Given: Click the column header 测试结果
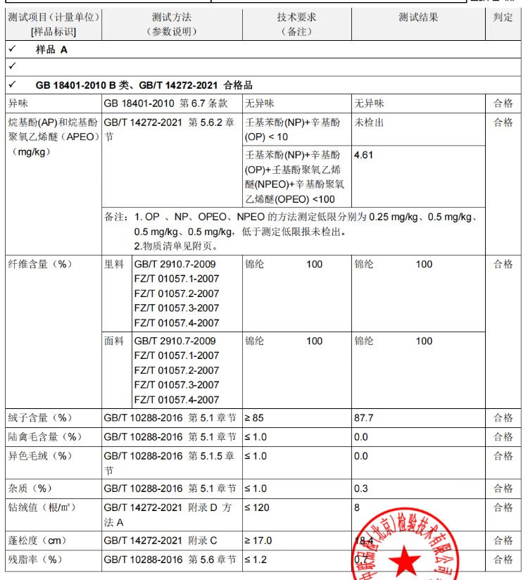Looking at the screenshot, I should (x=418, y=18).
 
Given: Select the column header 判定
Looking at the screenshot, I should (x=504, y=18).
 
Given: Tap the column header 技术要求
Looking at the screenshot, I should (x=296, y=18).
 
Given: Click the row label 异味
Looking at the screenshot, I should (x=18, y=103).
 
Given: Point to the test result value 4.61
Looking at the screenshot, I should (x=364, y=154).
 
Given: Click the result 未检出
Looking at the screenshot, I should (x=369, y=122).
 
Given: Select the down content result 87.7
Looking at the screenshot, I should (x=364, y=418).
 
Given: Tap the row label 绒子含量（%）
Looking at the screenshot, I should (x=40, y=418).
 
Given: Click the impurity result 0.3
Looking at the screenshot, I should (x=361, y=488).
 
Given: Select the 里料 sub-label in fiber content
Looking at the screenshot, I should (x=114, y=264).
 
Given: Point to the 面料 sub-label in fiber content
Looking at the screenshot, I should (x=114, y=341).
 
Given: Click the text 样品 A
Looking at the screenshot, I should (x=51, y=50).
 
